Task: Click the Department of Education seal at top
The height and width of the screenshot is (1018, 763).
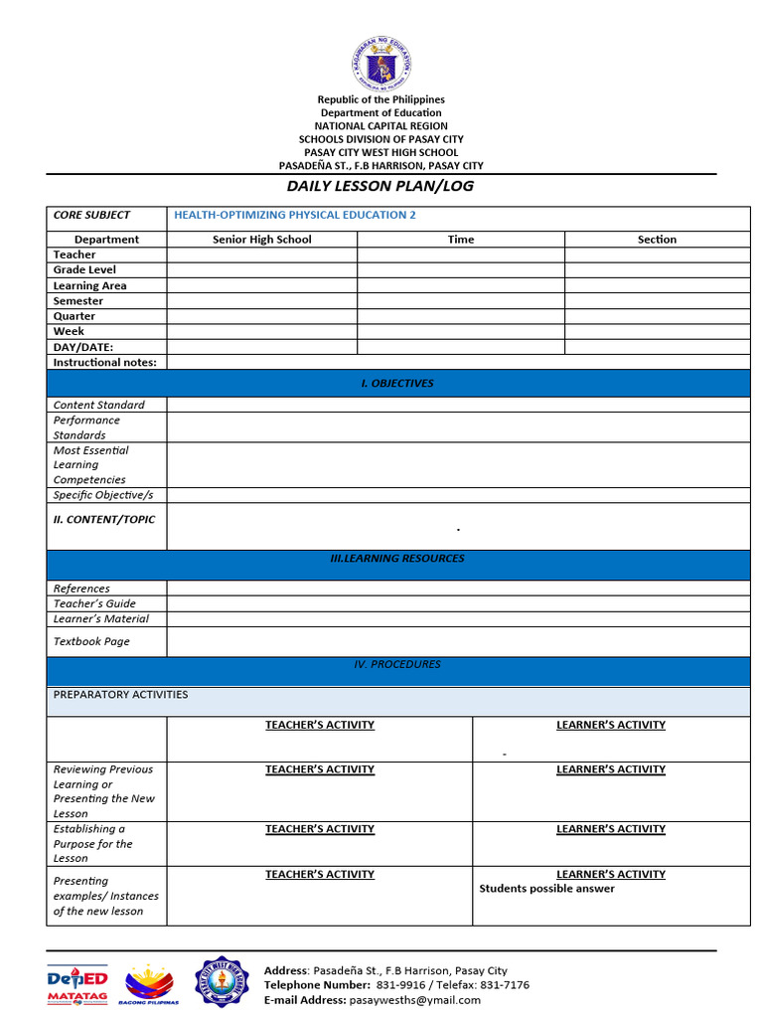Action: pyautogui.click(x=381, y=63)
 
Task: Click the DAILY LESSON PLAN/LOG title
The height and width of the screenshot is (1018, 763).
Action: pyautogui.click(x=381, y=186)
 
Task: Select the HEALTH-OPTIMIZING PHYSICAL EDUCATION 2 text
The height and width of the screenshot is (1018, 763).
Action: pyautogui.click(x=295, y=215)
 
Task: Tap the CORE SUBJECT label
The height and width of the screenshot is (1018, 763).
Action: pyautogui.click(x=91, y=215)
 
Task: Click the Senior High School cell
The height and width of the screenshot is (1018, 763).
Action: pyautogui.click(x=261, y=240)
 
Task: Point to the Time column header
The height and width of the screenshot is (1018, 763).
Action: pyautogui.click(x=461, y=240)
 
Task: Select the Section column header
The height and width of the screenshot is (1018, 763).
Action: pyautogui.click(x=657, y=240)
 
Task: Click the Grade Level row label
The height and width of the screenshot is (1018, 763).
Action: pyautogui.click(x=84, y=269)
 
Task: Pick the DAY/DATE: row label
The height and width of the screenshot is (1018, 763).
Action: pyautogui.click(x=83, y=347)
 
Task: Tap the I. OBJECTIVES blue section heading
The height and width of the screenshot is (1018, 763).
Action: pyautogui.click(x=397, y=383)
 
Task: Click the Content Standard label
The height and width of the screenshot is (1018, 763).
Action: pyautogui.click(x=98, y=405)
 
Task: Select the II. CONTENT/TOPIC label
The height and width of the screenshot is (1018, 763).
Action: pyautogui.click(x=104, y=519)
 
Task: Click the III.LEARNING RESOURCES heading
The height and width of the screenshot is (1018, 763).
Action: pyautogui.click(x=397, y=559)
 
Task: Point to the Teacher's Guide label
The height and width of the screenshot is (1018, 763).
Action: pyautogui.click(x=94, y=603)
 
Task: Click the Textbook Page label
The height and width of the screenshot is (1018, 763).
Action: pyautogui.click(x=91, y=641)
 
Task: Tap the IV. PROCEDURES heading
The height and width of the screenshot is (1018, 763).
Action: pyautogui.click(x=397, y=664)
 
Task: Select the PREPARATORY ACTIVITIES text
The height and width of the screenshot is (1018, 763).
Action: pyautogui.click(x=120, y=694)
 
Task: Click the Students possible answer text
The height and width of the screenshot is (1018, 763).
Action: pyautogui.click(x=546, y=889)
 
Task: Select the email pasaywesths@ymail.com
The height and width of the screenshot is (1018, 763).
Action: pyautogui.click(x=414, y=1000)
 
